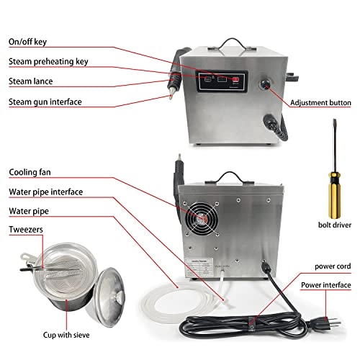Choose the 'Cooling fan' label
click(32, 173)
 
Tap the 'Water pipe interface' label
click(55, 192)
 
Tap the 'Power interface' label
click(318, 284)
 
